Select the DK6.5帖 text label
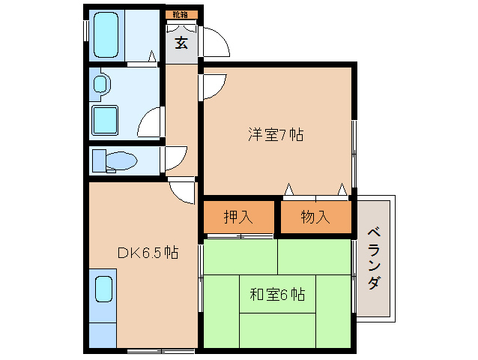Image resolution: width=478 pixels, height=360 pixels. pos(147,253)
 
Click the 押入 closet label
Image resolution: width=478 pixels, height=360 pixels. pos(238,217)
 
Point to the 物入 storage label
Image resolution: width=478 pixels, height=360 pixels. pos(315,217)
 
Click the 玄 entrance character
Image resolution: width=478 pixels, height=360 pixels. pos(181,43)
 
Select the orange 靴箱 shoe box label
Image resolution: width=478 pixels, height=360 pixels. pos(181,15)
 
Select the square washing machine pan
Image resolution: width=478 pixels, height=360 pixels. pos(104,119)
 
